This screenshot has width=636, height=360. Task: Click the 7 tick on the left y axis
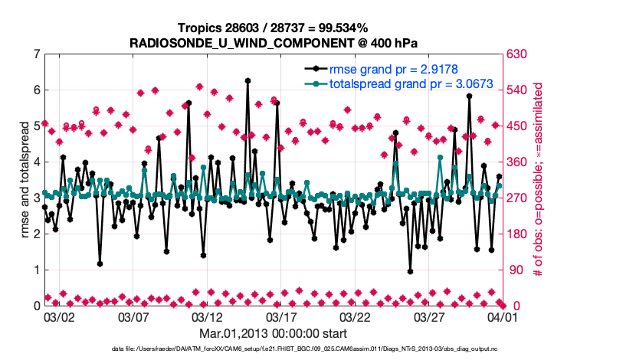[x=35, y=54]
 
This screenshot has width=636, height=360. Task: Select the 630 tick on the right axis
[x=515, y=54]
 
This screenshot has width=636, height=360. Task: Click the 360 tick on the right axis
[x=515, y=162]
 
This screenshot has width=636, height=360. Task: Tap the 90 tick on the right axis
[x=512, y=270]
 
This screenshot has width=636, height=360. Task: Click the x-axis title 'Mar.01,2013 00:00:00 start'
[x=273, y=333]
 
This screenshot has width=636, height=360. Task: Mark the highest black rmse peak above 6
[x=248, y=80]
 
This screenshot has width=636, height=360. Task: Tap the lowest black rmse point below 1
[x=411, y=271]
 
